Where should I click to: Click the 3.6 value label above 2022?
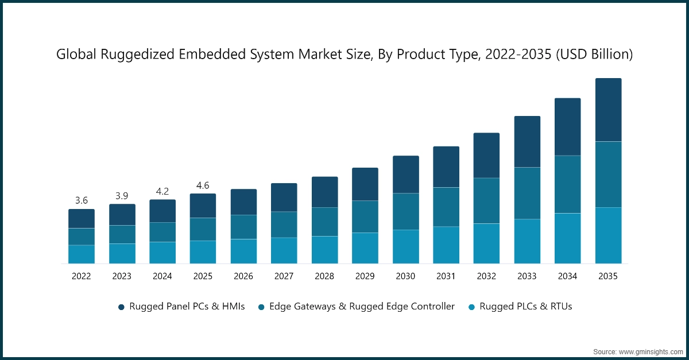click(82, 200)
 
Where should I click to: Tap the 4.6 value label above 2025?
click(203, 185)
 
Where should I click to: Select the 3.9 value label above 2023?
click(122, 196)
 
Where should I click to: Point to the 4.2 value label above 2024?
click(162, 191)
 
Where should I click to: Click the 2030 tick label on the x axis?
click(405, 276)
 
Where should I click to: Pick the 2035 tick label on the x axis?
click(608, 276)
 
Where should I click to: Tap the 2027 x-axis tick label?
click(284, 276)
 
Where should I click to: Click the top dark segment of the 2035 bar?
click(608, 110)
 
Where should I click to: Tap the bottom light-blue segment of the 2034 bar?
click(567, 238)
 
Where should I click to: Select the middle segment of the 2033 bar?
click(527, 193)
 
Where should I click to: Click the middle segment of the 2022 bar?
click(82, 237)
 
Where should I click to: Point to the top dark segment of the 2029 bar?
click(365, 184)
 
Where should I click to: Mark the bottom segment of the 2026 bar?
click(243, 251)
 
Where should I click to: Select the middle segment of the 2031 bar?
click(446, 207)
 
